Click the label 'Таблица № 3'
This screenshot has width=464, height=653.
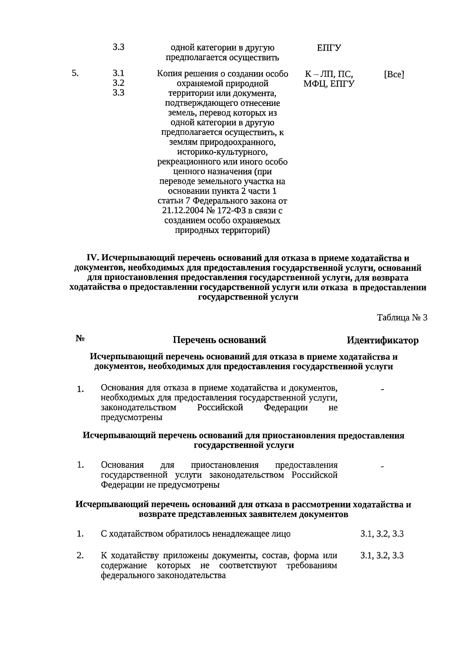click(402, 318)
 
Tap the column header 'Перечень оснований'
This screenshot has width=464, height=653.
click(219, 340)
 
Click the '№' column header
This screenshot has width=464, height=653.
click(80, 339)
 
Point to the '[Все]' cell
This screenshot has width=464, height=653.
click(394, 74)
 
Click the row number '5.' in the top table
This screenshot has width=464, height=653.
click(75, 73)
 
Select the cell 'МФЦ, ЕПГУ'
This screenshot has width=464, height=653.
click(329, 84)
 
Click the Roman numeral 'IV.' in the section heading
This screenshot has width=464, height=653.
click(93, 258)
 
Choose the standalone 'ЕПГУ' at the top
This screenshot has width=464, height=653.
click(329, 48)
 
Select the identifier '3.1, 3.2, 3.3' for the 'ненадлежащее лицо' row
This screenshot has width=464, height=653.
click(382, 534)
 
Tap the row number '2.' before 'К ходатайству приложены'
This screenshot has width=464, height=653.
click(80, 556)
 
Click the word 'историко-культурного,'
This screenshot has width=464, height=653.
click(222, 152)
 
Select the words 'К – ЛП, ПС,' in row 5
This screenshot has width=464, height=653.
click(329, 74)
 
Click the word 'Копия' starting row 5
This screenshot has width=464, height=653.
click(168, 74)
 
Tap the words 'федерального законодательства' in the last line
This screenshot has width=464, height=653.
click(163, 575)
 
